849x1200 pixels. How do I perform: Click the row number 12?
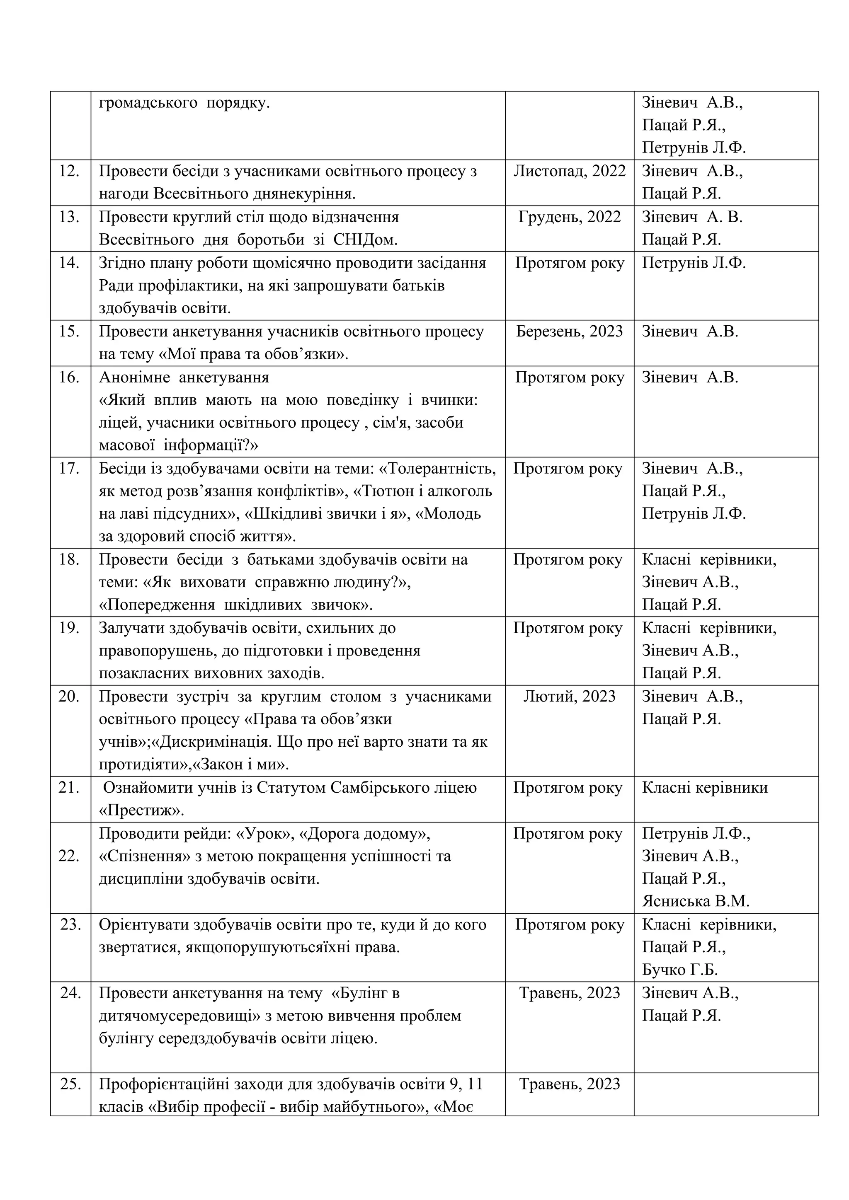point(69,172)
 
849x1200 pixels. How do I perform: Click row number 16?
point(69,377)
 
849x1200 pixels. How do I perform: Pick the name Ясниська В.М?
point(695,902)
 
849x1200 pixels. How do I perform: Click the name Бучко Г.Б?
point(679,970)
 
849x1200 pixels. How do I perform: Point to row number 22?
point(69,856)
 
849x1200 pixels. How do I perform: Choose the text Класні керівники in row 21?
point(705,788)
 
